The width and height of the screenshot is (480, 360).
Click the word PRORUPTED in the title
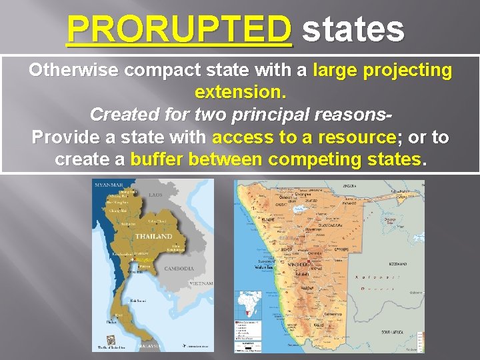click(x=179, y=29)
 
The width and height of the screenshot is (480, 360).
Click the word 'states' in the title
click(x=353, y=29)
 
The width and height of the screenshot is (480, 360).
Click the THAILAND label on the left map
click(x=153, y=237)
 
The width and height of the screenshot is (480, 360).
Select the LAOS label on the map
click(x=155, y=195)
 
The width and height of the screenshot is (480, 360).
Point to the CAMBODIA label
click(x=179, y=269)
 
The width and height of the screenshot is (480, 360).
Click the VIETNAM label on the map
click(x=201, y=283)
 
